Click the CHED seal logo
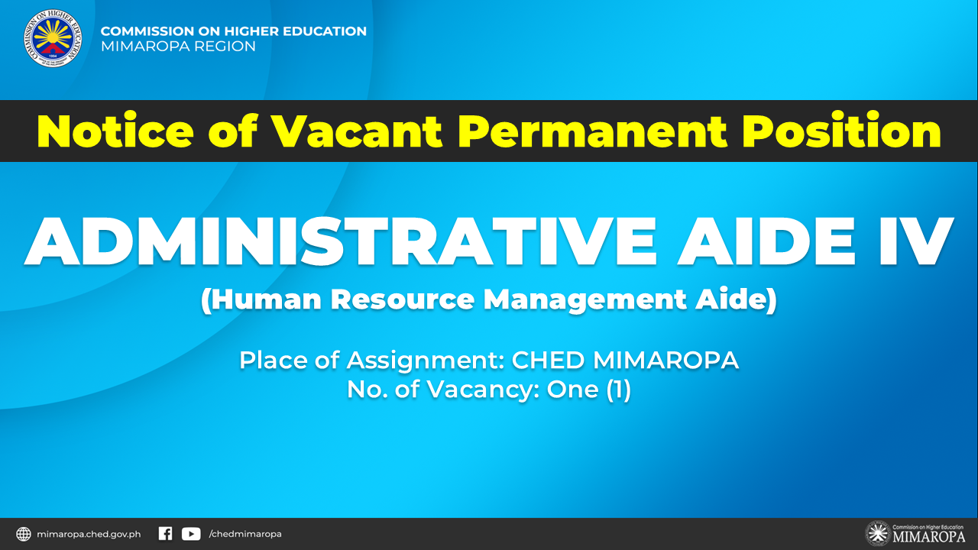pos(53,38)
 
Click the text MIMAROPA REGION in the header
pos(178,47)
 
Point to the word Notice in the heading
pos(115,131)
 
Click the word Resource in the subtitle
pos(403,299)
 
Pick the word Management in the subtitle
pos(585,301)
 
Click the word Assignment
pos(426,361)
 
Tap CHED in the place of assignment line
pos(548,361)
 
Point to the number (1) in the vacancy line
pos(619,390)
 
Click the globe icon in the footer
pos(24,534)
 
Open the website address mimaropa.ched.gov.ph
pos(89,534)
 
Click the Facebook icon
pos(166,533)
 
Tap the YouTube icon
pos(191,534)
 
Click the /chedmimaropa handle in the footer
pos(245,534)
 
